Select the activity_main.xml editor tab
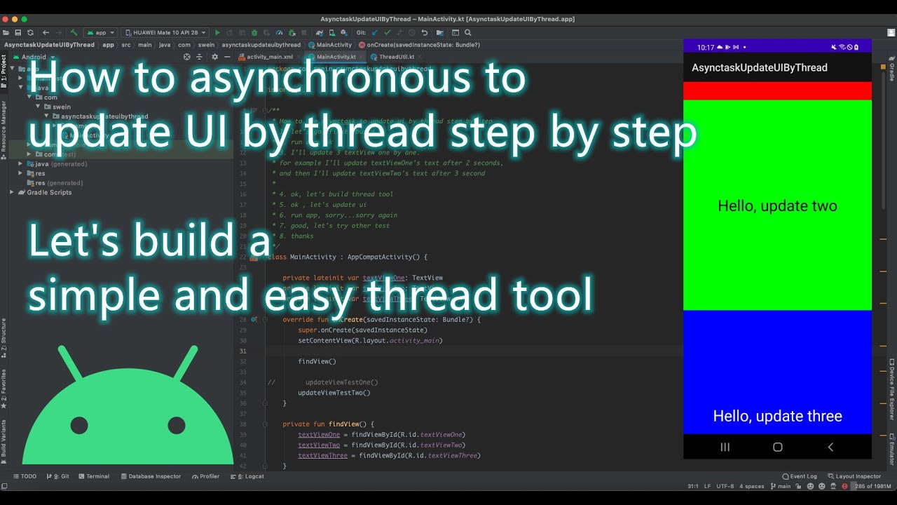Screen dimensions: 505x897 [x=269, y=57]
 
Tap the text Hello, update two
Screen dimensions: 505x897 [x=777, y=206]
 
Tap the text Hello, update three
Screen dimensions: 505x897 [x=777, y=416]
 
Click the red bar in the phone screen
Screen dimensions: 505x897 [x=777, y=90]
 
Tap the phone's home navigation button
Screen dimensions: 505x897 [x=777, y=447]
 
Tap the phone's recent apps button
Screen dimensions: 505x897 [x=725, y=447]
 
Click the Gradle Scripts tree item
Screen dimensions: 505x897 [x=49, y=192]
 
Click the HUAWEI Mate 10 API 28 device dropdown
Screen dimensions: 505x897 [x=165, y=32]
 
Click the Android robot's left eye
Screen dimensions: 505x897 [x=79, y=425]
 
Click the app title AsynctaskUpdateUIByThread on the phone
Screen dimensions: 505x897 [x=760, y=67]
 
